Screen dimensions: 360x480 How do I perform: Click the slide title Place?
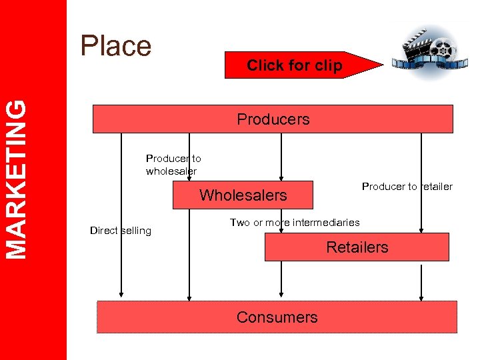[116, 46]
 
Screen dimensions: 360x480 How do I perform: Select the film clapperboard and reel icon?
[426, 49]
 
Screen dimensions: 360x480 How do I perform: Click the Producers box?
[273, 119]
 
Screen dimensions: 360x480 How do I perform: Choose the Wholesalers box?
[243, 195]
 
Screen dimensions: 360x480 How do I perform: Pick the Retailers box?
[357, 247]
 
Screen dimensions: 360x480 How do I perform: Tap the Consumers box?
[277, 317]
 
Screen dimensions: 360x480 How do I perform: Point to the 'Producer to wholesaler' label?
[173, 165]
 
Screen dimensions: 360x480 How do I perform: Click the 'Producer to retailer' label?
[407, 187]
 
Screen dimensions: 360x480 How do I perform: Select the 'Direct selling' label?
[121, 231]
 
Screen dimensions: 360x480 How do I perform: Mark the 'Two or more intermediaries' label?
[295, 223]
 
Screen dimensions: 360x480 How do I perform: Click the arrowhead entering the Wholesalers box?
[281, 178]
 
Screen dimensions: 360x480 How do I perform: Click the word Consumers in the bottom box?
[277, 317]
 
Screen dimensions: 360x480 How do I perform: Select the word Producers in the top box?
[273, 119]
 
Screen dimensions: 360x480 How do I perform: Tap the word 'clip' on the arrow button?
[329, 65]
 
